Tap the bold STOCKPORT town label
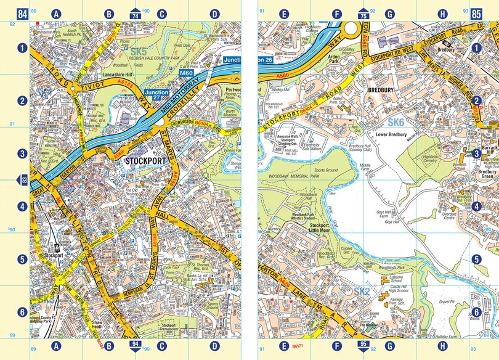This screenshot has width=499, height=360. point(147,160)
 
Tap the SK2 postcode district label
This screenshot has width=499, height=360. point(361,290)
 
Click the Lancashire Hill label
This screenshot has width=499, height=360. point(122,73)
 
